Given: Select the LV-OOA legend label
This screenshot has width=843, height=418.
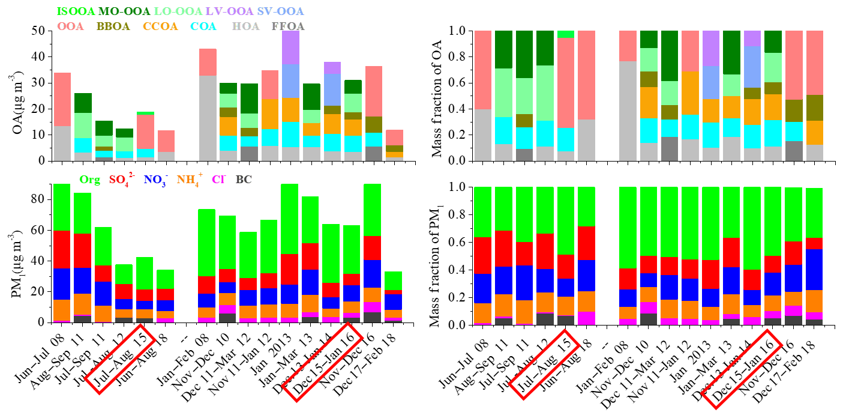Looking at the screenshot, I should click(229, 11).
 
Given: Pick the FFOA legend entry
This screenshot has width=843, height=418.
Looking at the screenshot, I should click(288, 26).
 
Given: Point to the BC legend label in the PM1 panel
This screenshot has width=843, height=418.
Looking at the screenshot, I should click(244, 178).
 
